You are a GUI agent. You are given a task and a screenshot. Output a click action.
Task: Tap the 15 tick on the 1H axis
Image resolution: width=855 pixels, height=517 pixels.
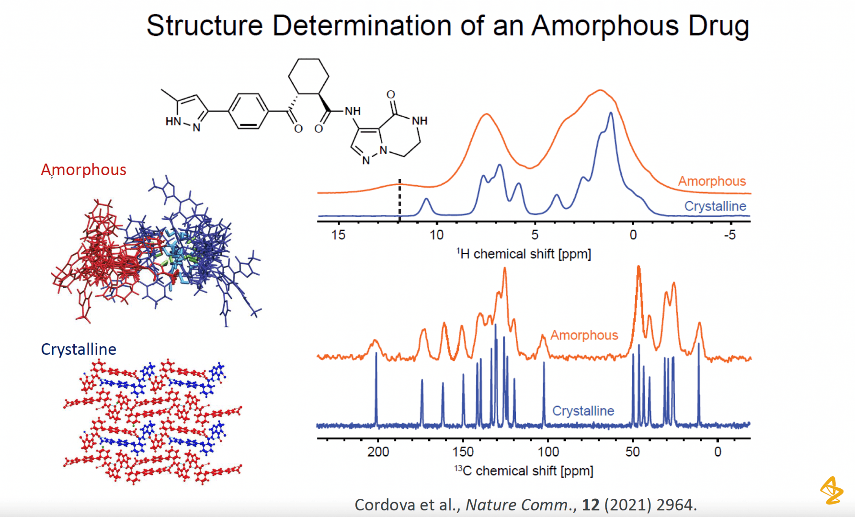tap(338, 235)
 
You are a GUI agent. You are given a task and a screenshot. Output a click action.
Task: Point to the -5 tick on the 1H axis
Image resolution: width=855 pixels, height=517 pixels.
tap(730, 235)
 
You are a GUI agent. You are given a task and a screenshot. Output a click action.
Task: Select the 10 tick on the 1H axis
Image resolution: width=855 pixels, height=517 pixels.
tap(436, 235)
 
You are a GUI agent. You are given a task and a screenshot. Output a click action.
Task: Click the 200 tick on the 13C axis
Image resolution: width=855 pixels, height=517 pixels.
tap(378, 451)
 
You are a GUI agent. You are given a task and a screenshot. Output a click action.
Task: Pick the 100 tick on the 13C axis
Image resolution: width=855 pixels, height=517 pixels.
tap(548, 451)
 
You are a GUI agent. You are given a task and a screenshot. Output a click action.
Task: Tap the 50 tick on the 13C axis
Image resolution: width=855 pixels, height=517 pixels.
tap(633, 451)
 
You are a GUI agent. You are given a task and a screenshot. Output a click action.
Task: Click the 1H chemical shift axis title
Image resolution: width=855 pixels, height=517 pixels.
tap(524, 254)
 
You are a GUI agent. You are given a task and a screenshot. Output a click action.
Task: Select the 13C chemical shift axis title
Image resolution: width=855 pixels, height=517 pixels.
tap(524, 471)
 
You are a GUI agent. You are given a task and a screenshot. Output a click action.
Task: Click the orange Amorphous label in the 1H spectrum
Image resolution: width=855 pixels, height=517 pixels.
tap(712, 181)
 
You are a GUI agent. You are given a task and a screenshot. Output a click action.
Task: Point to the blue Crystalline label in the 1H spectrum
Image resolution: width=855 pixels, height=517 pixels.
tap(715, 206)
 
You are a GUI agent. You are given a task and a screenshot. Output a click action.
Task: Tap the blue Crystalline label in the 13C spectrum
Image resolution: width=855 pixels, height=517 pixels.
tap(583, 411)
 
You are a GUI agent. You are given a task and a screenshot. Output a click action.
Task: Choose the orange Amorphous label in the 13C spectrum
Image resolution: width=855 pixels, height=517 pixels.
tap(584, 335)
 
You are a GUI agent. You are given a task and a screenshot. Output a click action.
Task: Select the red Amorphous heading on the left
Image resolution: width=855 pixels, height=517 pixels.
tap(83, 169)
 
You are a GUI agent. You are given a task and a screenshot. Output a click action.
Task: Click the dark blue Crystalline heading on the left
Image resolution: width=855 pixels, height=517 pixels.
tap(79, 349)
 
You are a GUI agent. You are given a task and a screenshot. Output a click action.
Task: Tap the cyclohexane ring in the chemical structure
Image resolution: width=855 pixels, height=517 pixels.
tap(308, 76)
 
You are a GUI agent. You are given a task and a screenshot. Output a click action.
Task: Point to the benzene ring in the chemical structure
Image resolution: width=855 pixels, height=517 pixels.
tap(248, 111)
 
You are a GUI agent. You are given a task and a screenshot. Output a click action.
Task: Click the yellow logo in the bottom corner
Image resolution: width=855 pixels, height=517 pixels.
tap(832, 490)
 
